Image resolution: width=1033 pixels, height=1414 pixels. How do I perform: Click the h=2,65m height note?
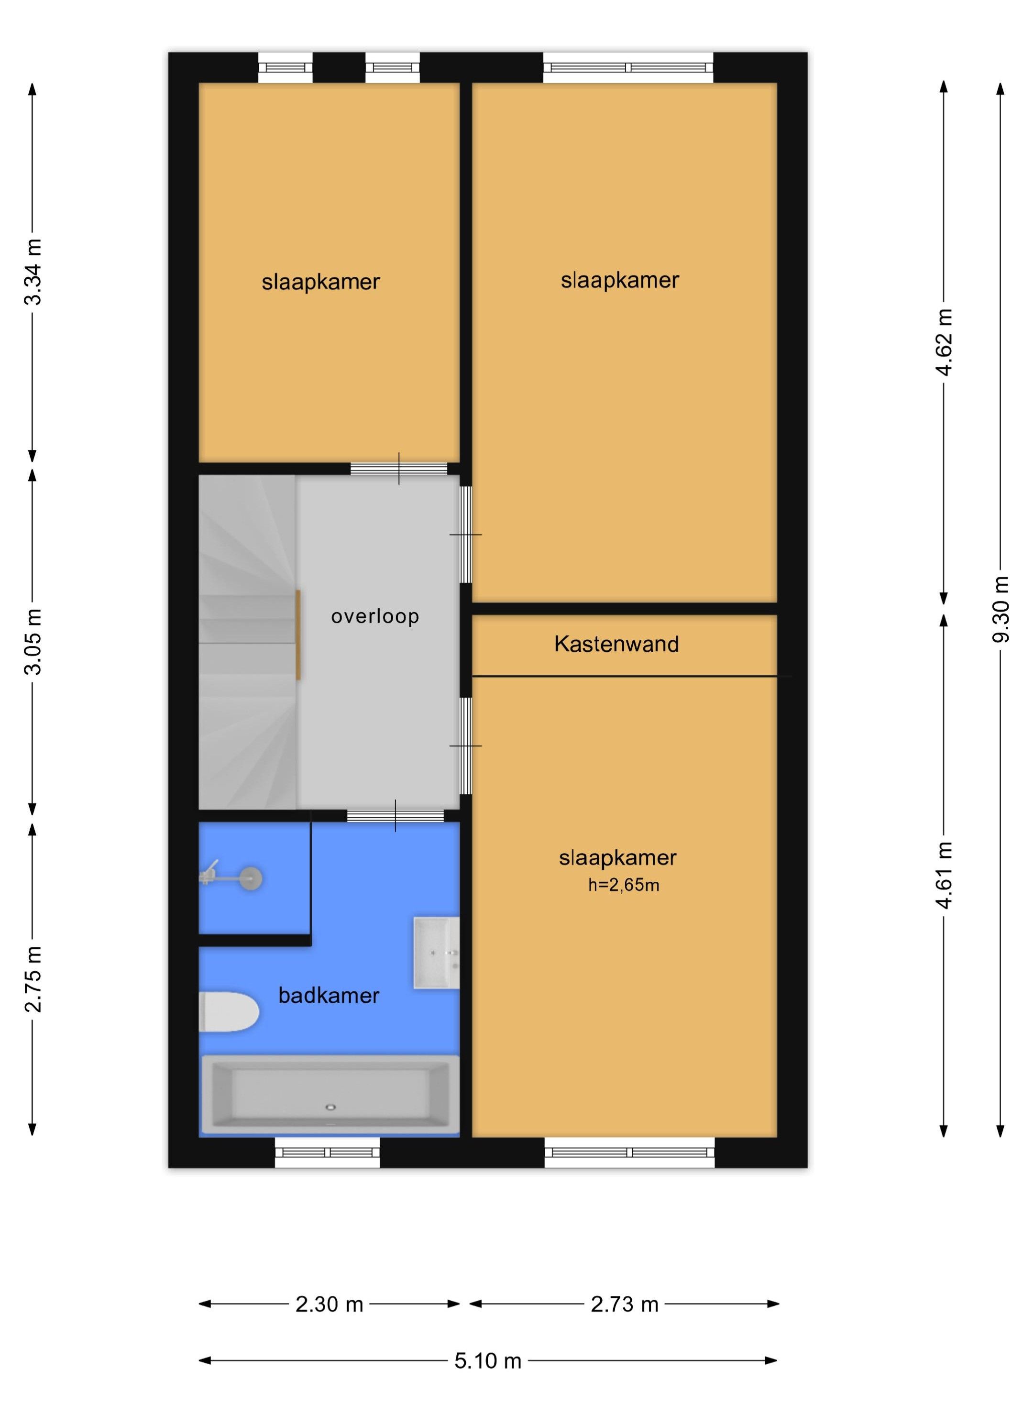pyautogui.click(x=624, y=885)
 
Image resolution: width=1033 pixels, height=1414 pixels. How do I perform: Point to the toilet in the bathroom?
pyautogui.click(x=229, y=1011)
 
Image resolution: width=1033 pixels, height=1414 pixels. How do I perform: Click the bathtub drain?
pyautogui.click(x=330, y=1107)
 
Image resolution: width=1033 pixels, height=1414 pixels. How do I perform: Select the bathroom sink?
pyautogui.click(x=437, y=953)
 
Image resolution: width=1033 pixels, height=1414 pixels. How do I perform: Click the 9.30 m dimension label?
pyautogui.click(x=1000, y=610)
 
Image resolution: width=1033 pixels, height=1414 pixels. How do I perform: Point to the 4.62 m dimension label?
pyautogui.click(x=944, y=342)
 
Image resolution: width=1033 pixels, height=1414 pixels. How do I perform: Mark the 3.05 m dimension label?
pyautogui.click(x=33, y=641)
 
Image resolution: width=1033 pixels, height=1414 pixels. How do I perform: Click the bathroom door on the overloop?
pyautogui.click(x=395, y=816)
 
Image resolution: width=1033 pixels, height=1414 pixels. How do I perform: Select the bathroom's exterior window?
pyautogui.click(x=328, y=1152)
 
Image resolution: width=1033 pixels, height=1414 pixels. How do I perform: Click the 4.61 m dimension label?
pyautogui.click(x=944, y=875)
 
